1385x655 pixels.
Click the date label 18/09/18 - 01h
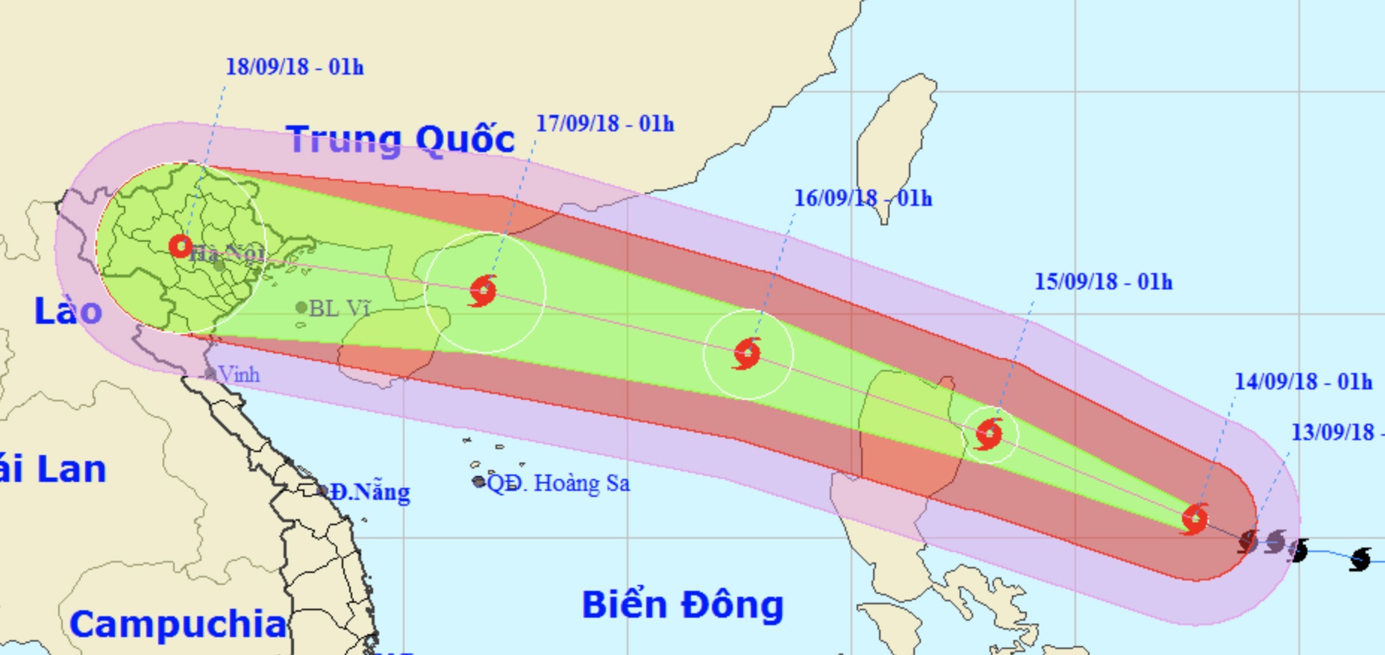(x=295, y=67)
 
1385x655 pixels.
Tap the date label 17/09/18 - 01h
(x=604, y=124)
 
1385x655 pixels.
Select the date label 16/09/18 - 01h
(x=863, y=198)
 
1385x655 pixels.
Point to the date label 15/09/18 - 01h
(x=1103, y=282)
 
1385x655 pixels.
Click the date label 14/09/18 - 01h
(x=1303, y=382)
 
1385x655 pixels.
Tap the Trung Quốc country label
(x=400, y=140)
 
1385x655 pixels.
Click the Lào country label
(x=68, y=311)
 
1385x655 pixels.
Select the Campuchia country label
(x=178, y=624)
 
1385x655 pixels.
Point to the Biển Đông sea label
(x=682, y=604)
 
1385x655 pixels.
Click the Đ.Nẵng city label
(x=370, y=492)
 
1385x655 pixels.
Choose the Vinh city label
(x=239, y=374)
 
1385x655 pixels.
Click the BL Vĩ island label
(x=339, y=308)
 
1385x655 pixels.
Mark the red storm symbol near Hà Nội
(x=181, y=245)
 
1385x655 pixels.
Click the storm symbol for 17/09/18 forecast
(x=484, y=291)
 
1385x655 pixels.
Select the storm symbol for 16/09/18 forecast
(x=747, y=354)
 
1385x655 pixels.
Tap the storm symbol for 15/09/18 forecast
(x=989, y=434)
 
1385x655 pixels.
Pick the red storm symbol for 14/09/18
(x=1195, y=518)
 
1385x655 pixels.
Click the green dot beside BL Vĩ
(x=301, y=307)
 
